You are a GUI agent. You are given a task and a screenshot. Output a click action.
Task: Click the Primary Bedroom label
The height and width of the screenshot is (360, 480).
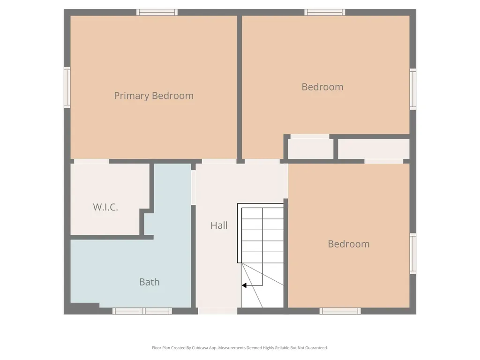pos(154,96)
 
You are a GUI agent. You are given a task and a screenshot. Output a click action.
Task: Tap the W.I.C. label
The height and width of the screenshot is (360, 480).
pos(105,207)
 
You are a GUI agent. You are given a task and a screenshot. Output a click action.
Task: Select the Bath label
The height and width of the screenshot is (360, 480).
pos(150,282)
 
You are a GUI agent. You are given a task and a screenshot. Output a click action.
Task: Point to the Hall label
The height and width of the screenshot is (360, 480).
pos(219,225)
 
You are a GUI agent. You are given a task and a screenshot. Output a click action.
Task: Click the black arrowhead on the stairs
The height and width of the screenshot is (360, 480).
pos(244,285)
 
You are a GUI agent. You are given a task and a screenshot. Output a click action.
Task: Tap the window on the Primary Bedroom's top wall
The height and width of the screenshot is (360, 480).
pos(157,12)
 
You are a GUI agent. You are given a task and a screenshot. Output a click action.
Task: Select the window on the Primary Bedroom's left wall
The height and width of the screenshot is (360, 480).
pos(67,88)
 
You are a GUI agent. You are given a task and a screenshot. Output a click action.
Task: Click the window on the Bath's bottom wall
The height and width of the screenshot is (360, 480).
pos(142,311)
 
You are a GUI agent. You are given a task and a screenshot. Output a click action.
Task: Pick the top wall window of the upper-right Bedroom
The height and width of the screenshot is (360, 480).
pos(325,12)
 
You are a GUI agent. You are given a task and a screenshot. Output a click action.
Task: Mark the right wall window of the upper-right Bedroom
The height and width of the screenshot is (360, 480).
pos(413,89)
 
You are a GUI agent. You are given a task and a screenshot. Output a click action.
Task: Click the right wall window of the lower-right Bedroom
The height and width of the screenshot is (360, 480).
pos(413,254)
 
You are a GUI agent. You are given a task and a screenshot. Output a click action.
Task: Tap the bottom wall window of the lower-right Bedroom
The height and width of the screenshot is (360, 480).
pos(340,311)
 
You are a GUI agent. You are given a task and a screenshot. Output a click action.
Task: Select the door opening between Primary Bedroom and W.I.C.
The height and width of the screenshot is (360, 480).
pos(91,161)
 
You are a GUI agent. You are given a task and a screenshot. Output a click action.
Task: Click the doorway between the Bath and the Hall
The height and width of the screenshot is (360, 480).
pos(194,187)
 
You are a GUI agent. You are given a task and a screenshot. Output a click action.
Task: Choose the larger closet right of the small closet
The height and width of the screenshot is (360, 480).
pos(374,149)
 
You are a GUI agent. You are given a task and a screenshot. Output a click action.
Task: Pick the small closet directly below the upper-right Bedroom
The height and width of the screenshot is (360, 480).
pos(311,149)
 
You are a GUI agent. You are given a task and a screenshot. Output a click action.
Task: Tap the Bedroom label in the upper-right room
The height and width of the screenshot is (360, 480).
pos(322,87)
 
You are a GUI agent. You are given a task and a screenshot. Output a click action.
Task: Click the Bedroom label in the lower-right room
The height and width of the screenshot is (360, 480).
pos(349,244)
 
